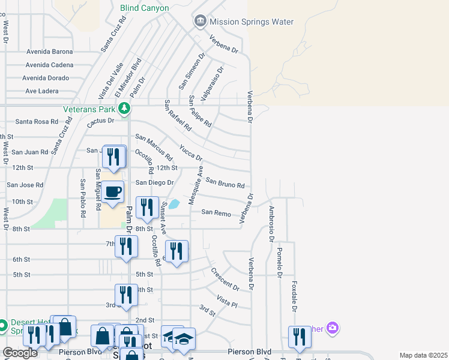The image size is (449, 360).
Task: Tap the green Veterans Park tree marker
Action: (x=124, y=109)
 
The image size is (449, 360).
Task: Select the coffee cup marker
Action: (x=112, y=193)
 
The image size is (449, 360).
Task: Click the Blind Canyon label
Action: (x=145, y=8)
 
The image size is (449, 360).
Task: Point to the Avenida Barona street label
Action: (x=49, y=52)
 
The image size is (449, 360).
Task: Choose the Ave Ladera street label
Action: (x=42, y=91)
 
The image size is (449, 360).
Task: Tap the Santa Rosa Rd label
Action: (x=36, y=122)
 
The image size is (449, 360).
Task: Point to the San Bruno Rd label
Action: (x=225, y=182)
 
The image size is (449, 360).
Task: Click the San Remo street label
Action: (x=216, y=212)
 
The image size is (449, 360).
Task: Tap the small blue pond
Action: (x=173, y=204)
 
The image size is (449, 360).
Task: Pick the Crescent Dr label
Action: (x=225, y=279)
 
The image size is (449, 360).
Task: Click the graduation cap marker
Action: (x=184, y=339)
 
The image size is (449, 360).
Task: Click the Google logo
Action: (x=20, y=353)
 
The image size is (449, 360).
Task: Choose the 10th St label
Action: (x=22, y=202)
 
